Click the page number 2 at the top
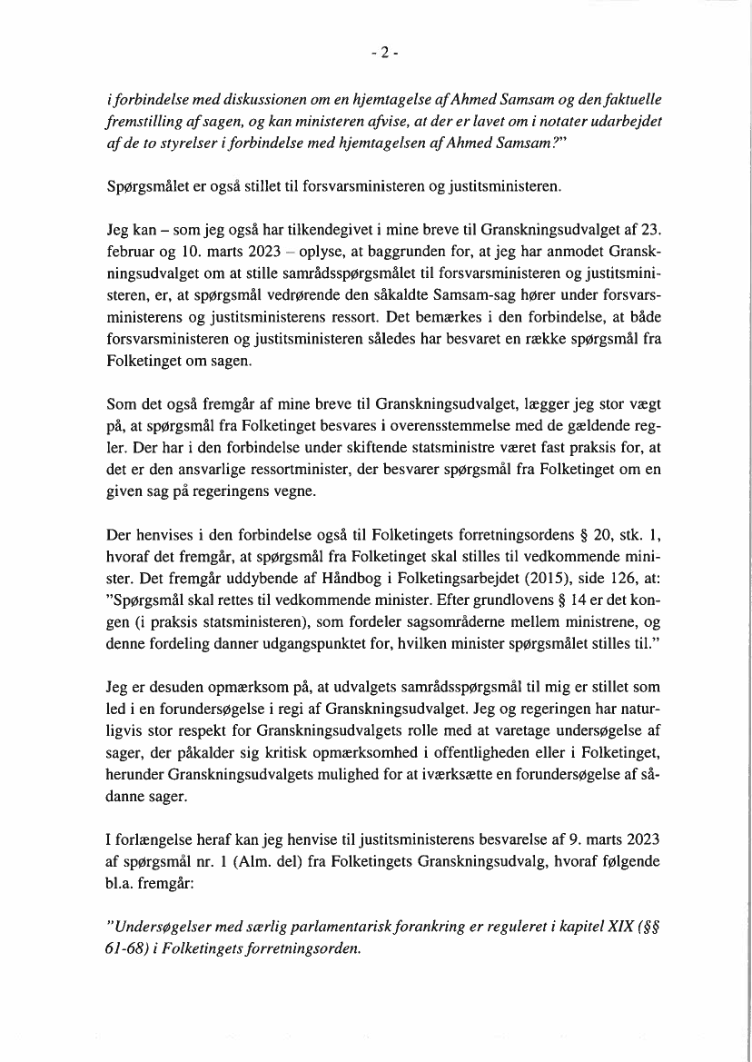click(x=384, y=53)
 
